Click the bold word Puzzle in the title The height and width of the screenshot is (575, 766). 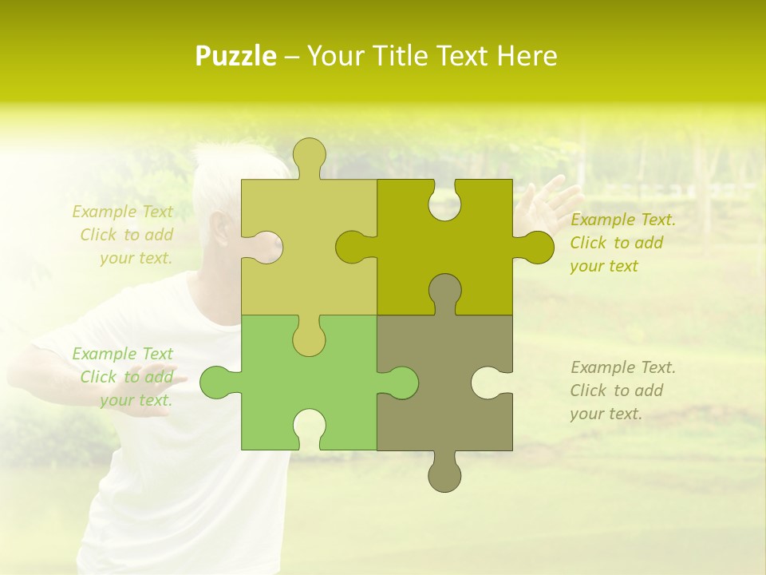[x=236, y=56]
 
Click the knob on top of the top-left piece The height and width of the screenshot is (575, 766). [x=309, y=156]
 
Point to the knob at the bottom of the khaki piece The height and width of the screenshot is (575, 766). [x=444, y=475]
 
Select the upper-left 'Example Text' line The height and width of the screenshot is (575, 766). [x=122, y=212]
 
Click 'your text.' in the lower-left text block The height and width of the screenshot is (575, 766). [x=136, y=401]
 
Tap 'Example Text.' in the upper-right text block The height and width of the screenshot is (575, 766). [x=622, y=220]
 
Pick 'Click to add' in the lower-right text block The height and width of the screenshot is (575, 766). [x=616, y=391]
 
